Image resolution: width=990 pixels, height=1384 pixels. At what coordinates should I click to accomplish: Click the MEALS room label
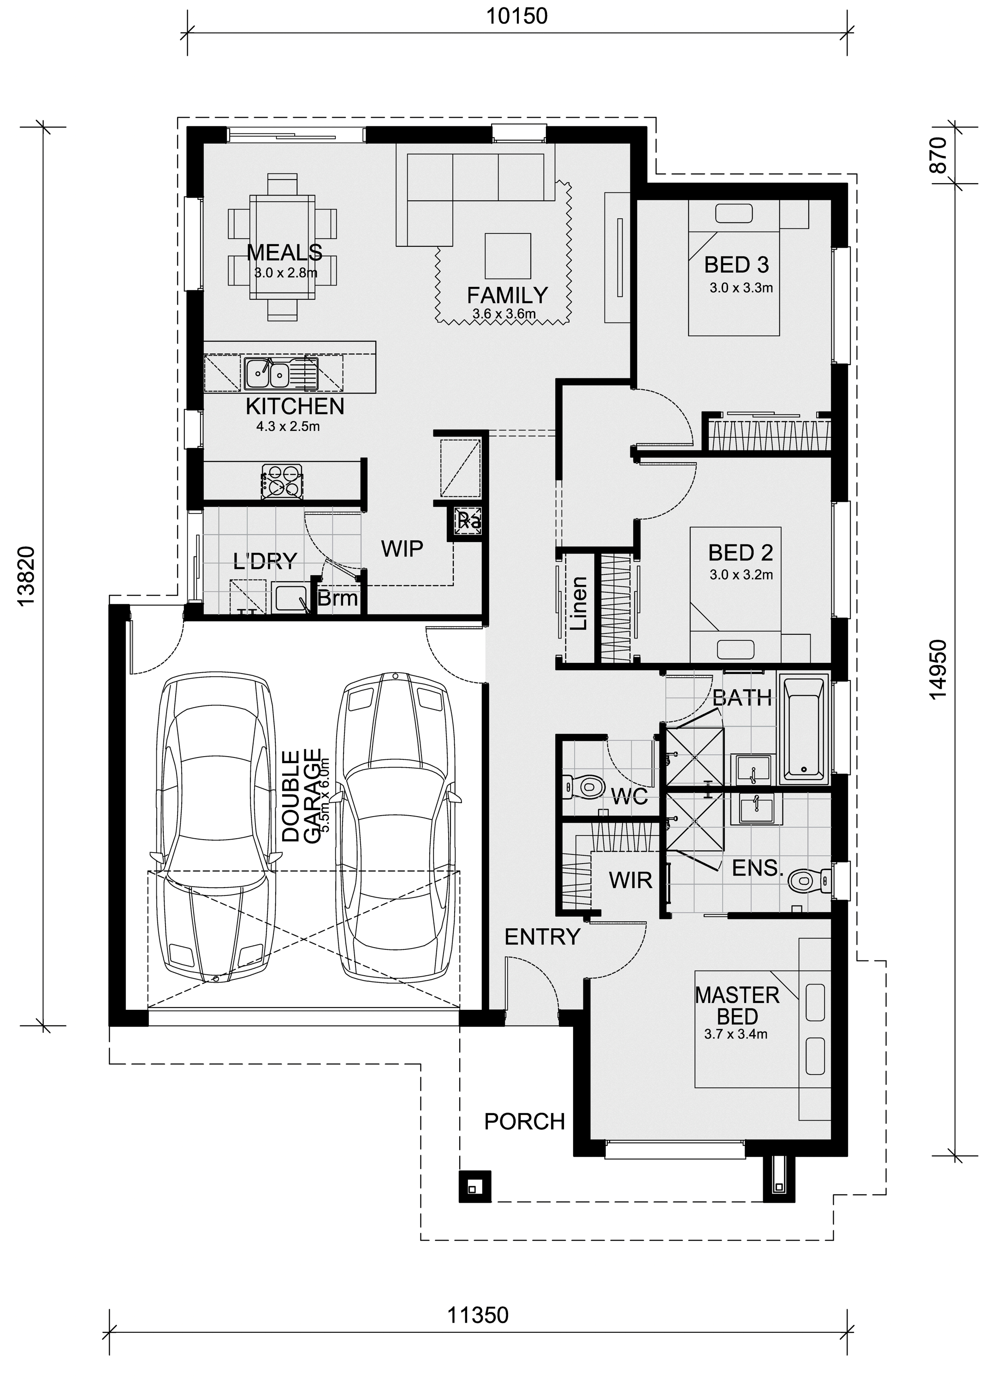click(x=284, y=252)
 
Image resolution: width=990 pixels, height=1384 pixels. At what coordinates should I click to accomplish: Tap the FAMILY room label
click(x=507, y=295)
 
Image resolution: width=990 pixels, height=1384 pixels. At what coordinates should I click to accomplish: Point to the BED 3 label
click(x=736, y=265)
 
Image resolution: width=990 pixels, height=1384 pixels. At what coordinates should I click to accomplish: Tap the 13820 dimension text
click(x=27, y=575)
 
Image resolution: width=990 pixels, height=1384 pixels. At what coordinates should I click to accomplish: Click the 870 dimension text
click(x=939, y=155)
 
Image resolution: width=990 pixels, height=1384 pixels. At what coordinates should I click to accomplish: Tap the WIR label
click(x=630, y=880)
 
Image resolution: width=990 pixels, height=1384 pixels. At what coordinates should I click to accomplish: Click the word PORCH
click(x=524, y=1122)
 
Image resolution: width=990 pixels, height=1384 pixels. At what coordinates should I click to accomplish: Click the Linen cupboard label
click(x=579, y=603)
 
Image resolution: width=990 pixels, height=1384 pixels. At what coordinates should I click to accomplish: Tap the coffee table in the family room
click(x=508, y=256)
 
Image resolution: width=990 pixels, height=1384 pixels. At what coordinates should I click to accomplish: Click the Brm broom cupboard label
click(x=337, y=598)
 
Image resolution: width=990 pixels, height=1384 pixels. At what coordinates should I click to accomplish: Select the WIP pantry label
click(x=402, y=549)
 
